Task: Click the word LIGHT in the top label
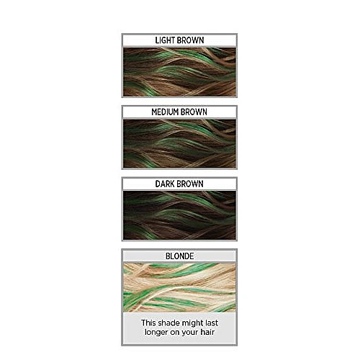coord(164,40)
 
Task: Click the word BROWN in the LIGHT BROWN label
coord(190,40)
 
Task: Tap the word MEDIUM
coord(165,112)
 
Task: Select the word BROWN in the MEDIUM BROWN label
coord(194,112)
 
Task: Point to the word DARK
coord(165,184)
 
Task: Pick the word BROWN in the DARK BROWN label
coord(190,184)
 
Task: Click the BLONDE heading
coord(179,256)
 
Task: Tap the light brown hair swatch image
coord(179,72)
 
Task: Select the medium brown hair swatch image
coord(179,144)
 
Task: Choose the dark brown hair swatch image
coord(179,215)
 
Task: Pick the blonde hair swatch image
coord(179,287)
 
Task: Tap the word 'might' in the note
coord(189,323)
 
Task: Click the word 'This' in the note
coord(148,323)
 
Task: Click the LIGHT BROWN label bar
coord(179,40)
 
